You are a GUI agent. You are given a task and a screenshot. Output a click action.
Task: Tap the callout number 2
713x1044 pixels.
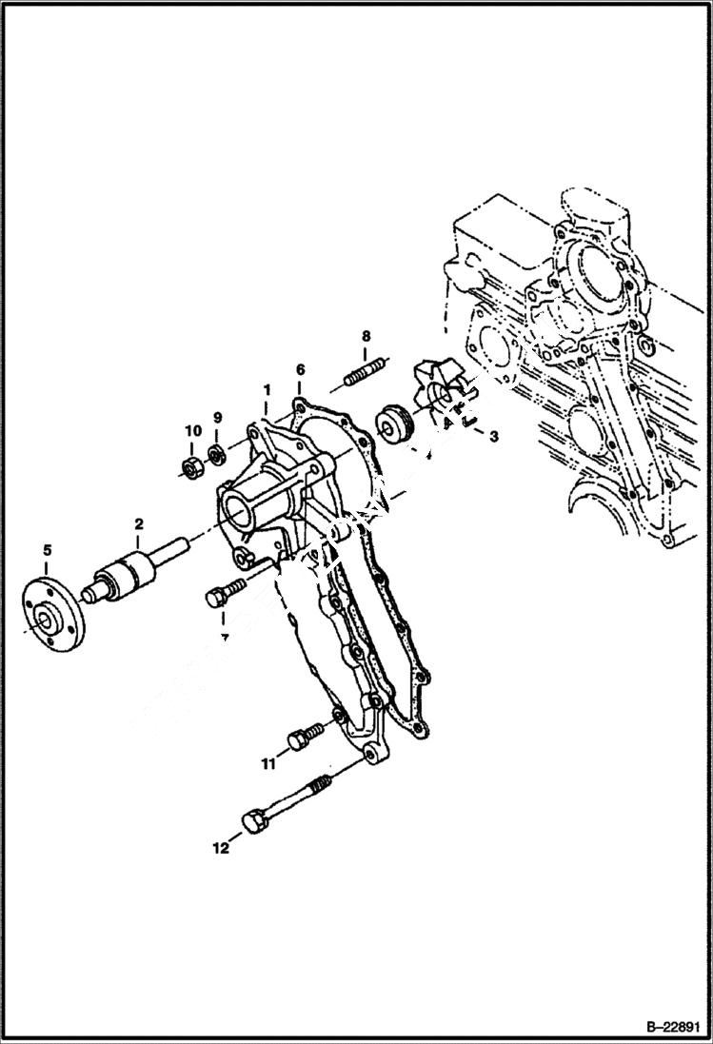tap(138, 524)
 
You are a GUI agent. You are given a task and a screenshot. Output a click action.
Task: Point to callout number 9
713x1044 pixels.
tap(217, 418)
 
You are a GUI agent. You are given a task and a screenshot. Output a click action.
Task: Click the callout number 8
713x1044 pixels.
tap(366, 336)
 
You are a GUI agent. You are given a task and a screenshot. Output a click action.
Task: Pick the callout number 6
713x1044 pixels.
tap(300, 369)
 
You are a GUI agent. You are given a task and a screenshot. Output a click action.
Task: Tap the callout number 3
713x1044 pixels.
tap(493, 436)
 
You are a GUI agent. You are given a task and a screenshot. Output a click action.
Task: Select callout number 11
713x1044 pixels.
tap(269, 763)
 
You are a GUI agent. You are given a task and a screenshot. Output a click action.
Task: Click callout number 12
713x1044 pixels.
tap(221, 848)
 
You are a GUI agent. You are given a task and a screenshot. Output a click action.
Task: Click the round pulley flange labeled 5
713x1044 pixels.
tap(53, 608)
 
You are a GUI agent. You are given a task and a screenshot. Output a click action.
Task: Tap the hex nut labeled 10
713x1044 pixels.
tap(190, 466)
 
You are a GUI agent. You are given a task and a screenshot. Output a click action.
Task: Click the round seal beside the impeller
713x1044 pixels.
tap(395, 424)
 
